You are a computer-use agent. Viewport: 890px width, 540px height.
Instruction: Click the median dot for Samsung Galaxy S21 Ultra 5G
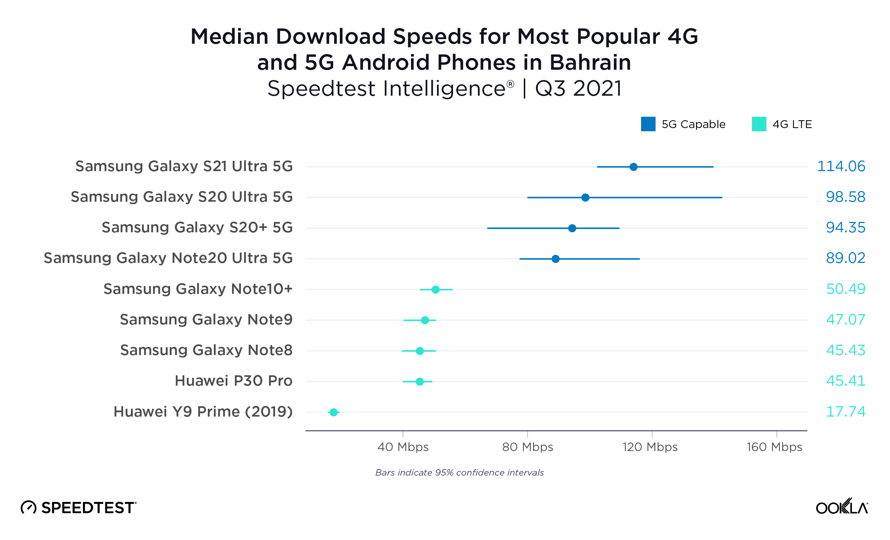click(x=633, y=167)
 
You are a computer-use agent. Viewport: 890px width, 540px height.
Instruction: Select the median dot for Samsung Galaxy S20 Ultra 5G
click(x=585, y=197)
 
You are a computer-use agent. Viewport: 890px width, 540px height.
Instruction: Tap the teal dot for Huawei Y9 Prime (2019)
click(x=333, y=412)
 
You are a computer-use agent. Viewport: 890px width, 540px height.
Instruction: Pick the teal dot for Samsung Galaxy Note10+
click(x=436, y=290)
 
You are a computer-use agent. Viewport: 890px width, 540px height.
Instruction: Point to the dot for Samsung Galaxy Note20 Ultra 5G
click(x=555, y=259)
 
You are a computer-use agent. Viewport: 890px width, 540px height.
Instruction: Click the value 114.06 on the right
click(x=841, y=166)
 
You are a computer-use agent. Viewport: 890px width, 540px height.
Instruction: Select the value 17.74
click(x=846, y=412)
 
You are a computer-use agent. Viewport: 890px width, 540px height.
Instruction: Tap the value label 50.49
click(x=846, y=289)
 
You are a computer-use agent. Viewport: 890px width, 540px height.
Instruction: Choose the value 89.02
click(x=846, y=258)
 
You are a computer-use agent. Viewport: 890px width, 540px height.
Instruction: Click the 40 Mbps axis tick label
click(x=403, y=447)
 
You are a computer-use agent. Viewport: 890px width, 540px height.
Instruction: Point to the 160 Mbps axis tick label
click(x=774, y=447)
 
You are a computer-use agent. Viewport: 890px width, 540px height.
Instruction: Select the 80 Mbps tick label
click(x=527, y=447)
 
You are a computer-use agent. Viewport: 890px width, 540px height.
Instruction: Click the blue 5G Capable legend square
click(x=648, y=124)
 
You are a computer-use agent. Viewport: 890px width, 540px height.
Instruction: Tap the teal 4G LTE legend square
click(x=759, y=124)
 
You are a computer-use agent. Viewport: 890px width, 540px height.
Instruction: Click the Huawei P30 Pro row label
click(x=233, y=381)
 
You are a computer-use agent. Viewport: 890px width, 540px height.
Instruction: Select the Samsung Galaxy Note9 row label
click(x=206, y=320)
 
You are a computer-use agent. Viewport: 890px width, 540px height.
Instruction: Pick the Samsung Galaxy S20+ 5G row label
click(x=197, y=228)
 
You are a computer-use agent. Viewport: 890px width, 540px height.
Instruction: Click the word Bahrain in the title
click(x=590, y=63)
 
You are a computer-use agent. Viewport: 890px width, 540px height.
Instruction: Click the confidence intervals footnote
click(x=459, y=473)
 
